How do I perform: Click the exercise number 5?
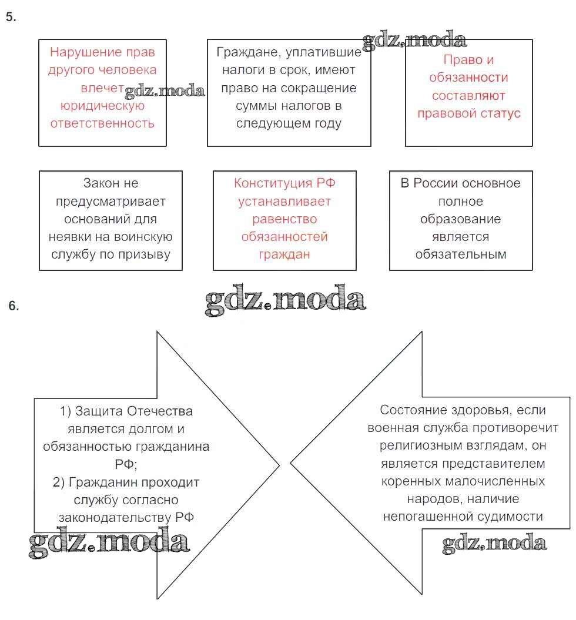coord(11,17)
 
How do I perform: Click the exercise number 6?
coord(14,306)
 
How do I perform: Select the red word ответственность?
coord(102,123)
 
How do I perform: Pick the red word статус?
coord(503,113)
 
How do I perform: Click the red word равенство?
coord(284,219)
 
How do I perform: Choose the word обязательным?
coord(461,255)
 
